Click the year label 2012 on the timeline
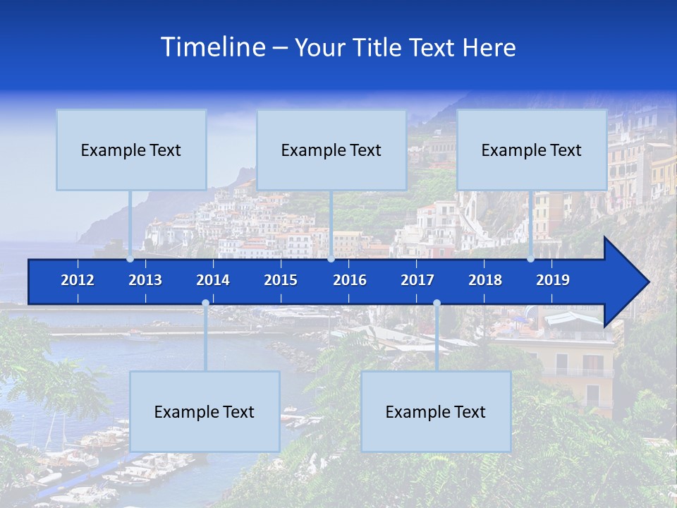[x=78, y=280]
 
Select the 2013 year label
[x=145, y=280]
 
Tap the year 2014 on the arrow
[x=213, y=280]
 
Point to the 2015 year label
[x=281, y=280]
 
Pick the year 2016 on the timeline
[x=350, y=280]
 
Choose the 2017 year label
[x=417, y=280]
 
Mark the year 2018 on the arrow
[x=485, y=280]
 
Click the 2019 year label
[x=553, y=280]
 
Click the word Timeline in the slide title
[x=212, y=47]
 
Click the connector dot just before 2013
[x=130, y=259]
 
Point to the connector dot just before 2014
[x=205, y=303]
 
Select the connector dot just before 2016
[x=331, y=259]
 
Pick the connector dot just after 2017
[x=437, y=303]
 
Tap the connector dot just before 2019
[x=531, y=259]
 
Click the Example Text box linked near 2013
[x=131, y=150]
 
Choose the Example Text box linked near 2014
[x=205, y=411]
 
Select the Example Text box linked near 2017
[x=436, y=411]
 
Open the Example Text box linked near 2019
[x=532, y=150]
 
